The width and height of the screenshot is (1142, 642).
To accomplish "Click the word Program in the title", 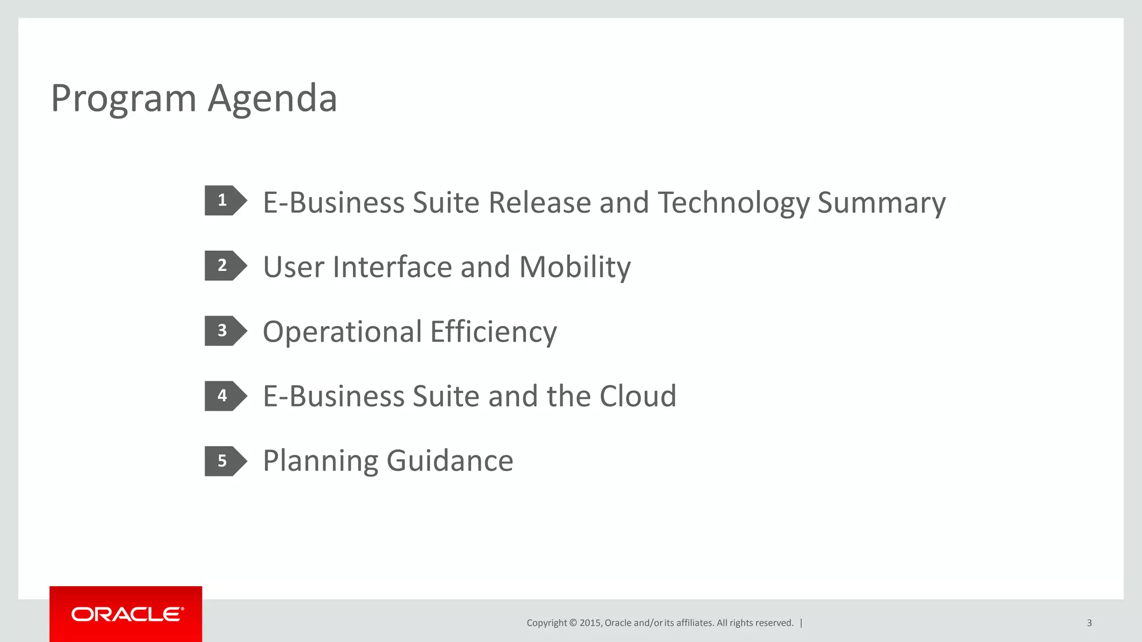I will [x=123, y=99].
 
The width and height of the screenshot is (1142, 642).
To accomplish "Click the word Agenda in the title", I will [x=273, y=99].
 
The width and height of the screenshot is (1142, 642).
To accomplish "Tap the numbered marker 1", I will [x=224, y=200].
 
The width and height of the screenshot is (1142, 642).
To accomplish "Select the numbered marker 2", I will [x=224, y=265].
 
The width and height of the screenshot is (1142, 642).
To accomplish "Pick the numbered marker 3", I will [x=224, y=330].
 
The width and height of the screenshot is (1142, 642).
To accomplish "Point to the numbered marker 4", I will [x=224, y=396].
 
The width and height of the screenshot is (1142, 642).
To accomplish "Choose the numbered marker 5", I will [x=224, y=461].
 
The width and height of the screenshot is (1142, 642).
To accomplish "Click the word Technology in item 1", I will [x=733, y=202].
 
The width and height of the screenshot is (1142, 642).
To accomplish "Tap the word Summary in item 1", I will [x=882, y=202].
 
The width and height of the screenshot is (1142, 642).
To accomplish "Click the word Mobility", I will [x=575, y=267].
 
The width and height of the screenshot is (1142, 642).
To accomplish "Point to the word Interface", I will [x=393, y=267].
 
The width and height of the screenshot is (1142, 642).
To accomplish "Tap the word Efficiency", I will [x=493, y=332].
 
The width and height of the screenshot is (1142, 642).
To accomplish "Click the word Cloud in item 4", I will [x=638, y=396].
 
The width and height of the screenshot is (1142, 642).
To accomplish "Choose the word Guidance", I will [x=449, y=461].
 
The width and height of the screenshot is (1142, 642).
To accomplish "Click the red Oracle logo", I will [x=126, y=614].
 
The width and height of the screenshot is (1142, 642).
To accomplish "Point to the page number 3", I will [x=1089, y=623].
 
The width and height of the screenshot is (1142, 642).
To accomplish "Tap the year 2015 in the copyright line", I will [x=590, y=623].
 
